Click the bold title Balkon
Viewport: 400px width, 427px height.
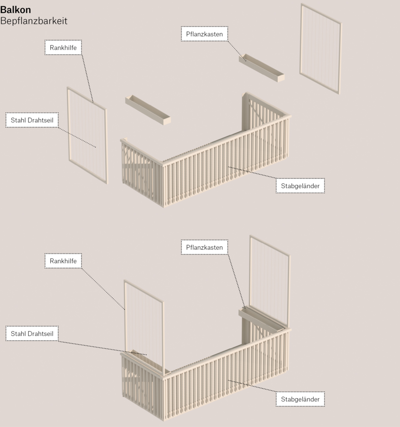[x=15, y=10]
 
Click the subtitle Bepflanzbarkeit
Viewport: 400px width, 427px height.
[x=34, y=21]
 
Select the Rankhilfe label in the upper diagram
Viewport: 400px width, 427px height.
[x=63, y=48]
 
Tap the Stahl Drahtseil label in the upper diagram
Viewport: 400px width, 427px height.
[x=32, y=120]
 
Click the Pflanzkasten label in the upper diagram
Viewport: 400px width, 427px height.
[x=205, y=34]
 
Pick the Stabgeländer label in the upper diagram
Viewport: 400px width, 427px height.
[x=300, y=186]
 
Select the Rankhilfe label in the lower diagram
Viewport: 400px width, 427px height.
[x=63, y=261]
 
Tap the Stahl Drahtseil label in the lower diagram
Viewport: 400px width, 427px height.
[x=32, y=334]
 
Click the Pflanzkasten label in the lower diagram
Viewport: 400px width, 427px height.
[x=205, y=247]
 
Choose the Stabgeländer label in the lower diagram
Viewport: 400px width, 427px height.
[x=300, y=399]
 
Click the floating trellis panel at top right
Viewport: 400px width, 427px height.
[x=321, y=48]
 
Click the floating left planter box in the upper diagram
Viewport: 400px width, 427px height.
[x=148, y=110]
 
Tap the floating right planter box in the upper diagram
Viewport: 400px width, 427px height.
[x=262, y=68]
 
